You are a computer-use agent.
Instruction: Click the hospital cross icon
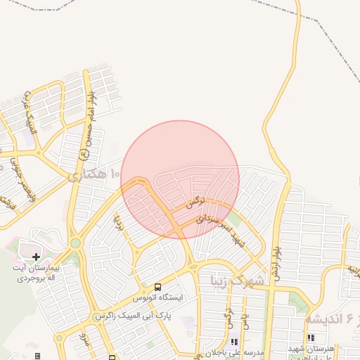37,257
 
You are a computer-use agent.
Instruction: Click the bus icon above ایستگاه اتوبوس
157,287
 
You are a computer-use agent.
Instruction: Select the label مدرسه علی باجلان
214,352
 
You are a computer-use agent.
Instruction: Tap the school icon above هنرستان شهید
310,338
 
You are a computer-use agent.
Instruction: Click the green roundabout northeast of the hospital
75,243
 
